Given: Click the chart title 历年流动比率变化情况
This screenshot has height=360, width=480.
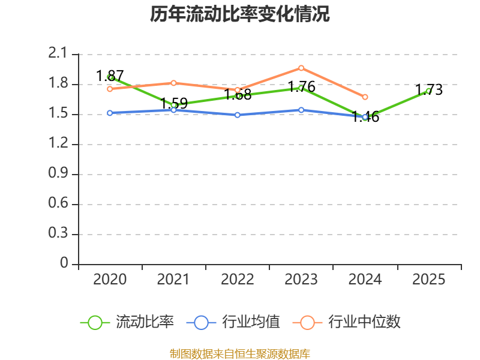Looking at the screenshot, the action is pos(239,14).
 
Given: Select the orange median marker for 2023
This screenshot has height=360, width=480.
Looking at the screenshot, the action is pos(301,68).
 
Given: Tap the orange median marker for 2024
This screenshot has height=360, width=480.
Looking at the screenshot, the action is pos(365,97).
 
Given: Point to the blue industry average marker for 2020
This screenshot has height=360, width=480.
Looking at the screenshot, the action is pos(110,113).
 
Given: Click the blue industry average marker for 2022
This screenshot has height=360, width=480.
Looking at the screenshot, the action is pos(238,115).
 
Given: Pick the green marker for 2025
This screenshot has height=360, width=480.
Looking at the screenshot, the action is pos(428,91).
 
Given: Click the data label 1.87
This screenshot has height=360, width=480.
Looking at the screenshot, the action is pos(110,76).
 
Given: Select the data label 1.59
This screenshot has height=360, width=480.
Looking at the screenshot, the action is pos(174,103).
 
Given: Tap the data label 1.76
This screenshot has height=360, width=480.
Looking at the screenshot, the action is pos(302,87).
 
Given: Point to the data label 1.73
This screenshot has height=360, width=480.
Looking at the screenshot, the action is pos(429,89).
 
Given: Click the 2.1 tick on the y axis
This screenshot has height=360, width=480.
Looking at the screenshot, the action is pos(58,53).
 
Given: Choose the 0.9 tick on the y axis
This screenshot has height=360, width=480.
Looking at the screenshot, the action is pos(58,173).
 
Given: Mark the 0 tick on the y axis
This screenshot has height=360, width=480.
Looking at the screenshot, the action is pos(64,263).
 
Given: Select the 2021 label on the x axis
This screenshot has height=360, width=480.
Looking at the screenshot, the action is pos(173,280).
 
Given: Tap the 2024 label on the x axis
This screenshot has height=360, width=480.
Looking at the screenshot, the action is pos(365,280).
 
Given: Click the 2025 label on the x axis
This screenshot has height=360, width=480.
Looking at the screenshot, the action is pos(428,280).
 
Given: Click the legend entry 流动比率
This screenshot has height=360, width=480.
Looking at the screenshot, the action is pos(127,322).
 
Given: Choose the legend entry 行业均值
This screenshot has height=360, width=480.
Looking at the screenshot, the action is pos(233,322).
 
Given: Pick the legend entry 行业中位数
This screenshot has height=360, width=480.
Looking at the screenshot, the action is pos(347,322).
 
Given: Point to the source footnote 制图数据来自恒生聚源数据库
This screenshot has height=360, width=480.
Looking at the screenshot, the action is pos(240,354).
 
